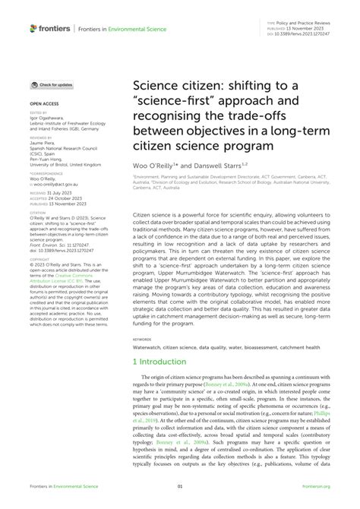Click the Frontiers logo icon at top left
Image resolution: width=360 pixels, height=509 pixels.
[x=34, y=27]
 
